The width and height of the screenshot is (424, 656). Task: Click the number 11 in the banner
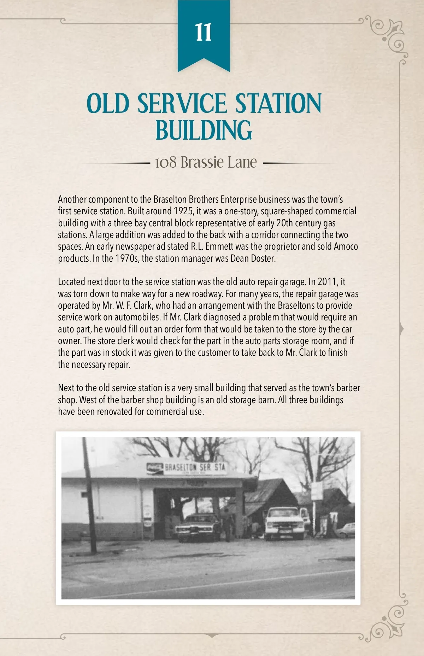[204, 33]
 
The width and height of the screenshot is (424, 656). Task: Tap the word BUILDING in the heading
[204, 130]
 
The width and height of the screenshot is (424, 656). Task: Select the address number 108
[166, 163]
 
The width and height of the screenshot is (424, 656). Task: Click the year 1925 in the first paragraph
[183, 211]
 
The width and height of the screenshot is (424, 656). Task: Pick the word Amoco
[346, 246]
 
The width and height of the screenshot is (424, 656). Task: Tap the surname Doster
[263, 259]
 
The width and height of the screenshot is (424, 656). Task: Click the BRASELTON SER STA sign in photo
[187, 468]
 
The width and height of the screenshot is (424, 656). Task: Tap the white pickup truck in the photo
[285, 523]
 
